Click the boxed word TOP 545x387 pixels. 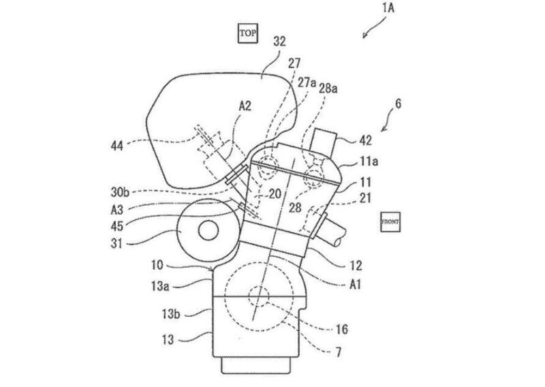247,33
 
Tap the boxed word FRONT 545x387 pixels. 390,222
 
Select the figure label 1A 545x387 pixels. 388,7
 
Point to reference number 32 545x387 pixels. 279,42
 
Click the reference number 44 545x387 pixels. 116,145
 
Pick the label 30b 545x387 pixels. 121,191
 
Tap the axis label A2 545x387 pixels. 245,106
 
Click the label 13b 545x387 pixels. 171,314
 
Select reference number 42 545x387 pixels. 365,140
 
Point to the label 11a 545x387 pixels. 369,161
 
